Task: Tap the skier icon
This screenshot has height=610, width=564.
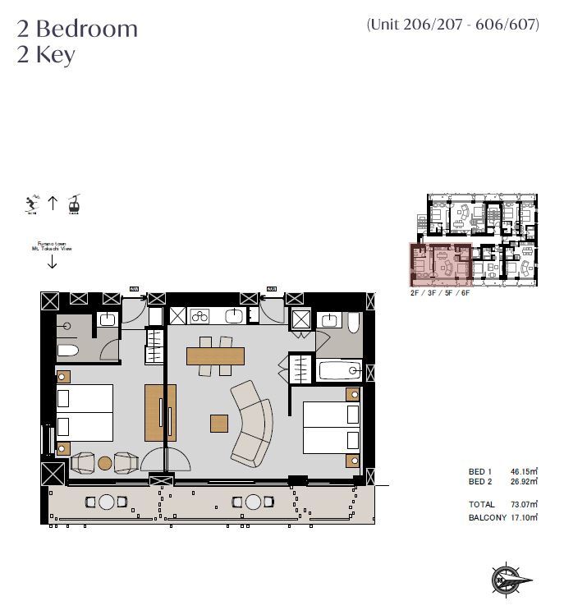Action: [31, 204]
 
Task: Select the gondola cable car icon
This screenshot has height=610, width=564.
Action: [73, 204]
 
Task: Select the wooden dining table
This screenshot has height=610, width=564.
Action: [215, 356]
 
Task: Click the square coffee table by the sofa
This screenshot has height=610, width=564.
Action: [218, 423]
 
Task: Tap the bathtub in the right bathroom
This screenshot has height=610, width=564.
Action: [338, 371]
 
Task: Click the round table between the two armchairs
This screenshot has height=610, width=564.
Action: [104, 463]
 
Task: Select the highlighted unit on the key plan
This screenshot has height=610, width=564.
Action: [440, 264]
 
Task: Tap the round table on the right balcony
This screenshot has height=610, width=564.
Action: [254, 502]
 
